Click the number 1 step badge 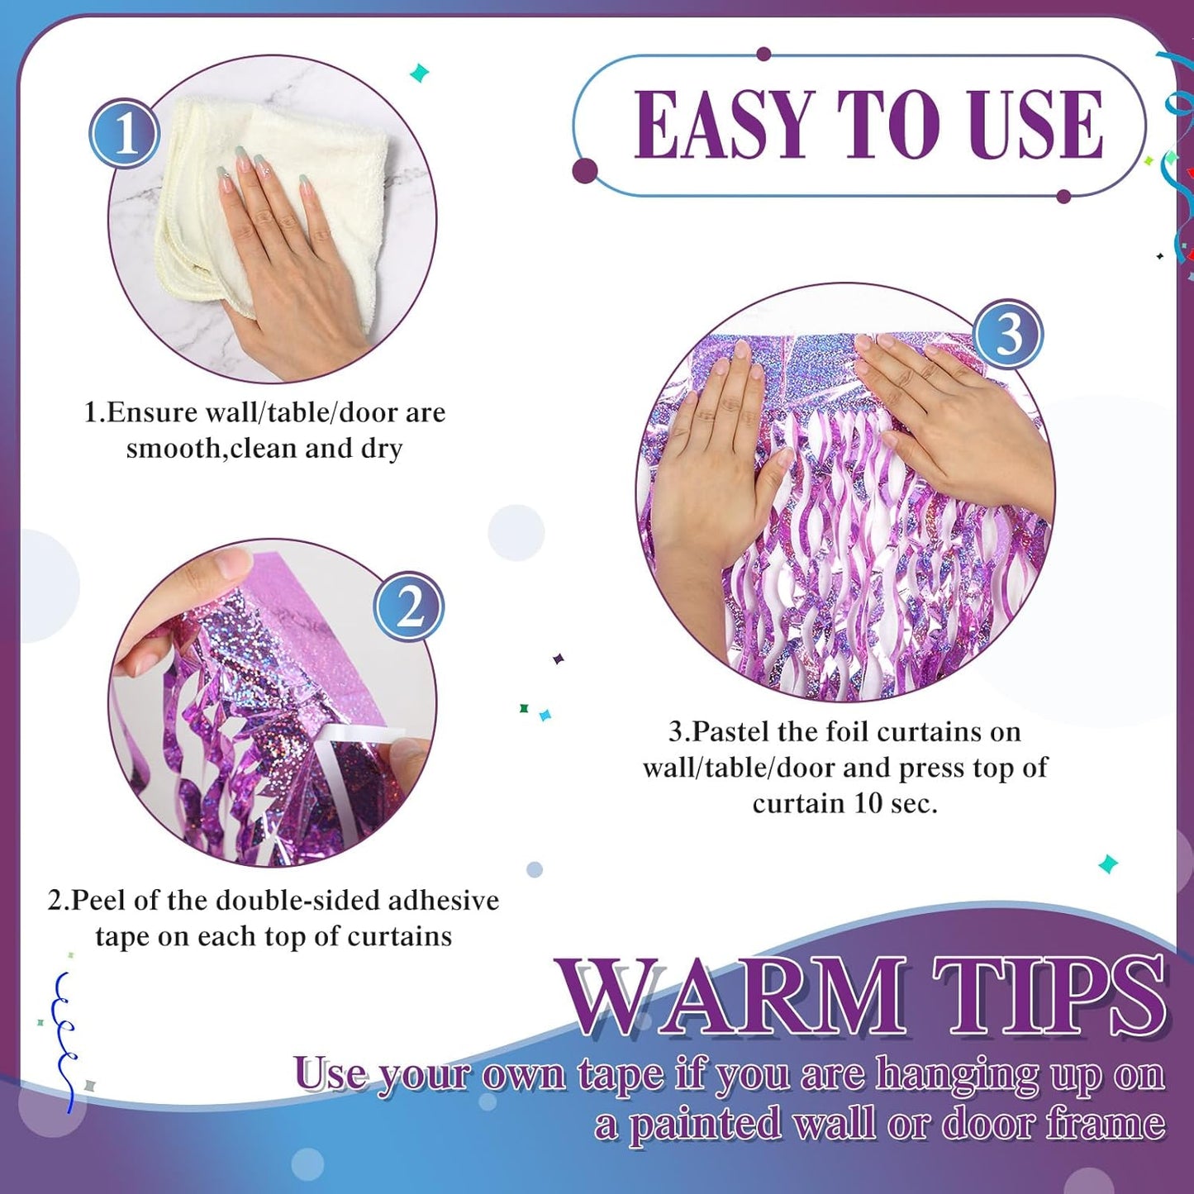[125, 133]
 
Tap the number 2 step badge [409, 607]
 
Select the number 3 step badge [1008, 335]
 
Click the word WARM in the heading [730, 997]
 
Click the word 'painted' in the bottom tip [704, 1125]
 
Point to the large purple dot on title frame [585, 172]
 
